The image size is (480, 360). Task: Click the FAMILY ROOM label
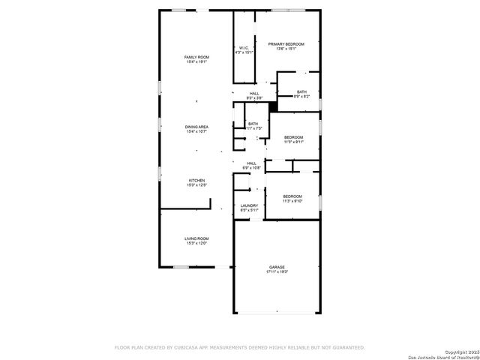pos(196,58)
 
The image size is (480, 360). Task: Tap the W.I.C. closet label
pos(244,48)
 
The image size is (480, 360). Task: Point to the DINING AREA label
pos(196,127)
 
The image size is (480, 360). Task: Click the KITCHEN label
pos(196,180)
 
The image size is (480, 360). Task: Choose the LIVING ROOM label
pos(196,238)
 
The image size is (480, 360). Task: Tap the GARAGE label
pos(277,267)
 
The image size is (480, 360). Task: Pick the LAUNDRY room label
pos(249,205)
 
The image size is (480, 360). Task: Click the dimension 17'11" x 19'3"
pos(277,272)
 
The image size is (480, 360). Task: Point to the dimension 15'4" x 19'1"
pos(196,63)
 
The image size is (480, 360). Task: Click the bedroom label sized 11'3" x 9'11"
pos(293,137)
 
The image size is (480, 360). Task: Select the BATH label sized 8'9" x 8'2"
pos(301,92)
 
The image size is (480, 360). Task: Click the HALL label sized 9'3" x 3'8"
pos(254,94)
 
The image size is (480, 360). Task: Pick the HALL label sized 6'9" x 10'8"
pos(251,163)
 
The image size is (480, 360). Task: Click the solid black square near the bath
pos(273,107)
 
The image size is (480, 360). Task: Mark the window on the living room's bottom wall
pos(181,267)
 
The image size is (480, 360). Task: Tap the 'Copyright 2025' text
pos(460,352)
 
